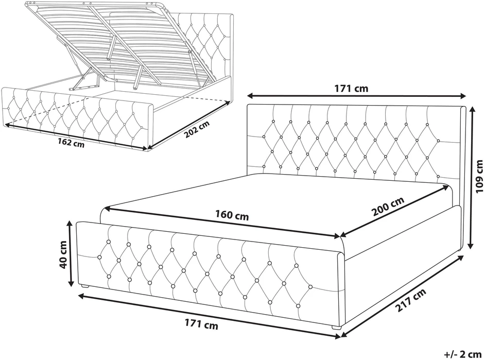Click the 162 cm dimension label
(71, 143)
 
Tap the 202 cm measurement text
(197, 129)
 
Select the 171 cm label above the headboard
(351, 89)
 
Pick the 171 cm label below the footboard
(201, 324)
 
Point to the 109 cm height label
(479, 180)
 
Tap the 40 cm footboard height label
(63, 254)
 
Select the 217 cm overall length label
(410, 300)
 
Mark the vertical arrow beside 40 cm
(71, 253)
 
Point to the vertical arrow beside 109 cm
(471, 178)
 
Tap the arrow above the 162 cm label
(76, 136)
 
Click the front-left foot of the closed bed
(84, 286)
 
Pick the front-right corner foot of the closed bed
(337, 327)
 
